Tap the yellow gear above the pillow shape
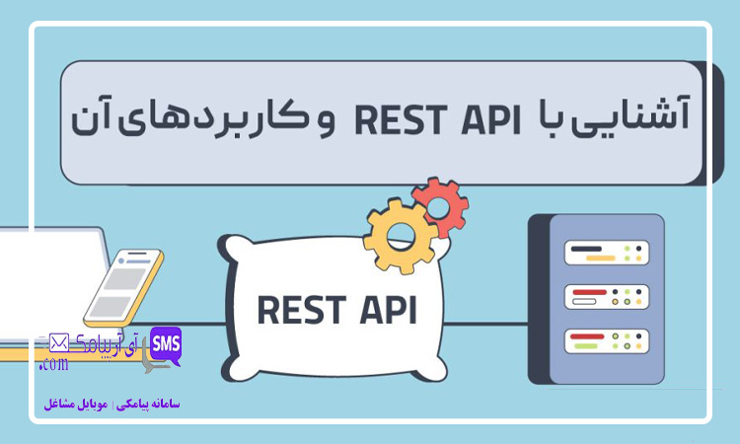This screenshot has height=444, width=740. tap(400, 234)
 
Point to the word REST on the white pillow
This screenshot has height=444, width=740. tap(299, 309)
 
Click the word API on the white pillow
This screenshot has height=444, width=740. tap(383, 309)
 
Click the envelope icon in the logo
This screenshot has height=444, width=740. tap(57, 342)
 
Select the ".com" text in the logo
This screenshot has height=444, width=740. tap(53, 364)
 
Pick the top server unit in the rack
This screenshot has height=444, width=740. tap(606, 252)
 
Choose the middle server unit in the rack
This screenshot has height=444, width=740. tap(606, 296)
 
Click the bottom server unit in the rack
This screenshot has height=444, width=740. tap(606, 341)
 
